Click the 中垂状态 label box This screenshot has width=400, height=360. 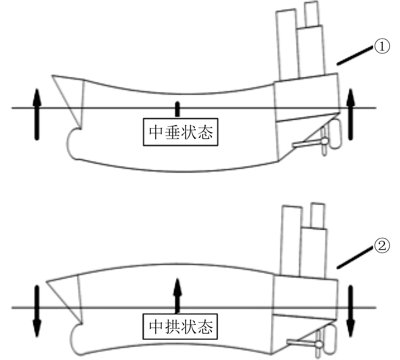[x=180, y=132]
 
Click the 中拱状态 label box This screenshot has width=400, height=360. [x=180, y=327]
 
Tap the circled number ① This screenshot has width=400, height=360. [x=382, y=47]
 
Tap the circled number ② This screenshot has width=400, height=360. [x=382, y=246]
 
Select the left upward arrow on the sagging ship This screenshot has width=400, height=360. [x=36, y=114]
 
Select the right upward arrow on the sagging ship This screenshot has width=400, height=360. [x=350, y=114]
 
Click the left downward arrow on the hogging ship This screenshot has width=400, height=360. [x=36, y=311]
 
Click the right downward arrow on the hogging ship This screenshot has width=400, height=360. [x=350, y=311]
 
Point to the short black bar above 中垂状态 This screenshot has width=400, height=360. [x=177, y=109]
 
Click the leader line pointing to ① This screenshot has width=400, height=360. [x=355, y=56]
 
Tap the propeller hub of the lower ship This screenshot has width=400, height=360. [x=319, y=345]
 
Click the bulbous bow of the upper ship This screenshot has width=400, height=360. [x=73, y=142]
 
